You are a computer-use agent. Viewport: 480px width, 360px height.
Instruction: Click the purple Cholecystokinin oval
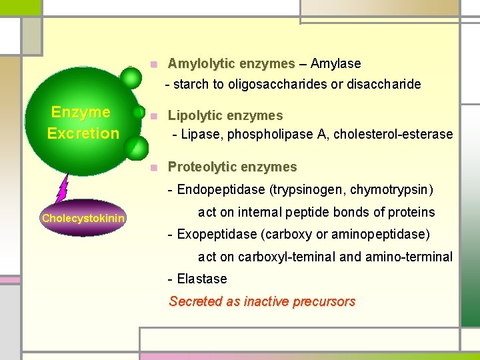(x=83, y=218)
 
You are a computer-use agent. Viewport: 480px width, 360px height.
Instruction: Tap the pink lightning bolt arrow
(x=62, y=187)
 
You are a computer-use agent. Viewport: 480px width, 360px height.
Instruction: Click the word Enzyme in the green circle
(x=81, y=112)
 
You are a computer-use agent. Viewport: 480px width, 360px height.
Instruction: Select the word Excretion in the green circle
(x=83, y=133)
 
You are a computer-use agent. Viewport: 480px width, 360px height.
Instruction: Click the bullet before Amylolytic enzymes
(x=153, y=65)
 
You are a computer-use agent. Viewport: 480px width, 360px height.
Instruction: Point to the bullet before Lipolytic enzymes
(x=153, y=116)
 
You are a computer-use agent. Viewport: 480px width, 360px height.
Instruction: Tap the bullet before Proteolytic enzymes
(x=153, y=167)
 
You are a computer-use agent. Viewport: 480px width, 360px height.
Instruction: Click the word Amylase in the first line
(x=335, y=64)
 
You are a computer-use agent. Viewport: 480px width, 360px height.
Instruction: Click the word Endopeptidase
(x=221, y=189)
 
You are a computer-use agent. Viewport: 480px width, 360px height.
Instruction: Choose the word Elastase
(x=202, y=279)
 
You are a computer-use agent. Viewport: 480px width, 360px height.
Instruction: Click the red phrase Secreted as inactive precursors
(x=262, y=301)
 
